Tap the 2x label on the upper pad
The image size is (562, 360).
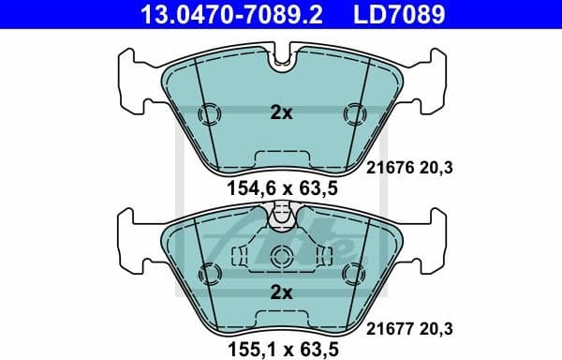tap(281, 113)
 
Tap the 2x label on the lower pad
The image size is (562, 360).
tap(281, 292)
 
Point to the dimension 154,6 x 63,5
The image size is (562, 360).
tap(280, 188)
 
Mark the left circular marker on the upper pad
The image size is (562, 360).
tap(211, 114)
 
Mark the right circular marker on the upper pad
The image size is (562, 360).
tap(352, 114)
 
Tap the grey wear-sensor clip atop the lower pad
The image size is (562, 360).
tap(281, 217)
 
